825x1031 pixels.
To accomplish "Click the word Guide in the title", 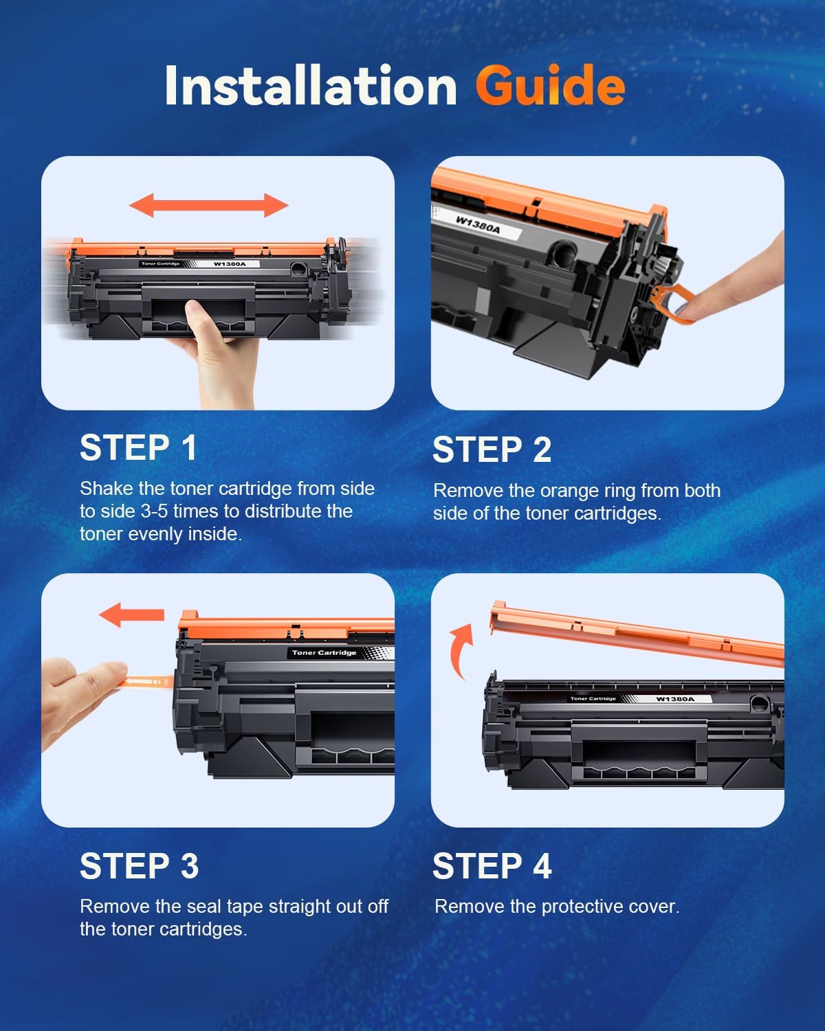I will pos(549,86).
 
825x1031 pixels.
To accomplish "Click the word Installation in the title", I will pos(311,86).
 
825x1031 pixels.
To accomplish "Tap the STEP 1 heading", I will pos(138,448).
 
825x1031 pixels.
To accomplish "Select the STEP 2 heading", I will pos(492,450).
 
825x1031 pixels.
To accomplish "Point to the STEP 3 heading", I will pos(139,866).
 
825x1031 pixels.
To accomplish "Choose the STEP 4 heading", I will pos(492,866).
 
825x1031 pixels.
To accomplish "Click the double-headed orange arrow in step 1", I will pos(209,205).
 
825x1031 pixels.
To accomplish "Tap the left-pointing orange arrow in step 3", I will pos(131,614).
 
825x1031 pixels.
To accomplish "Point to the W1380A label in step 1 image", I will pos(229,264).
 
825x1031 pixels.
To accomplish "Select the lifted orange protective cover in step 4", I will pos(636,632).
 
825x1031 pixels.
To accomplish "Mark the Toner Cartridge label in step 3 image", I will pos(324,653).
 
